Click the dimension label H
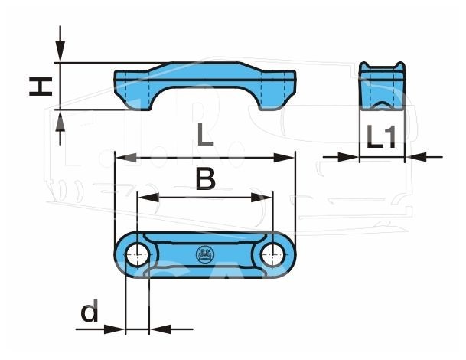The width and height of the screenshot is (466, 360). tap(41, 87)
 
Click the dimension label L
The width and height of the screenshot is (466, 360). tap(205, 134)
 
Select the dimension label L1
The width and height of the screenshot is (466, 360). tap(381, 136)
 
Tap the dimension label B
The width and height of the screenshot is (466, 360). tap(205, 178)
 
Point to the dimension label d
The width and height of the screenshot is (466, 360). tap(90, 311)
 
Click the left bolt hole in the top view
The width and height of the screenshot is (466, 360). tap(138, 255)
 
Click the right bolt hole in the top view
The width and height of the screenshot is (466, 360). tap(272, 254)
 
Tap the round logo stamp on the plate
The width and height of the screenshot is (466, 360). tap(205, 254)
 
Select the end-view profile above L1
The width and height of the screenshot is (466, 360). tap(382, 86)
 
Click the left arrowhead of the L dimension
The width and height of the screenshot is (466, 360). tap(125, 158)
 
